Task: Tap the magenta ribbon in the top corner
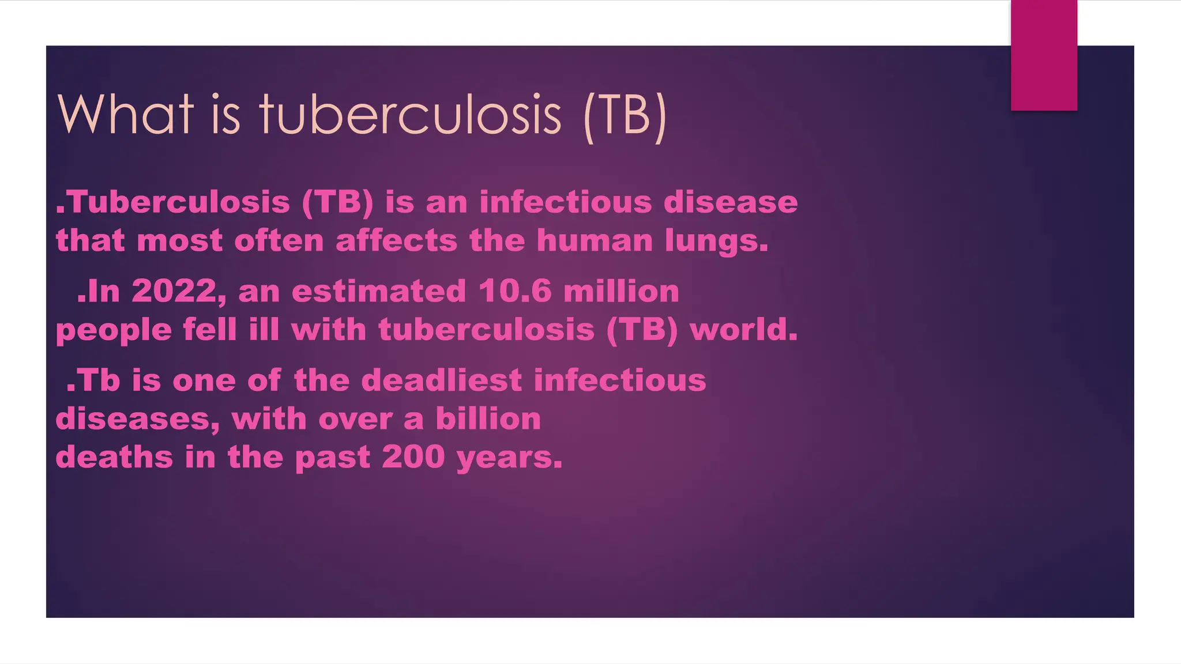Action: coord(1044,55)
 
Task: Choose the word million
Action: coord(621,291)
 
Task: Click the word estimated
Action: coord(379,291)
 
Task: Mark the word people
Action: coord(114,330)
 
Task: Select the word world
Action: coord(743,330)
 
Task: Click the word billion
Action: coord(488,418)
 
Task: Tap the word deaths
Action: coord(114,457)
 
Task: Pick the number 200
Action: coord(413,457)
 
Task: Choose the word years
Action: coord(509,458)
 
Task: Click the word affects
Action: coord(396,240)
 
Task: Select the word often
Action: coord(279,240)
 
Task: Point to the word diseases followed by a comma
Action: coord(137,419)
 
